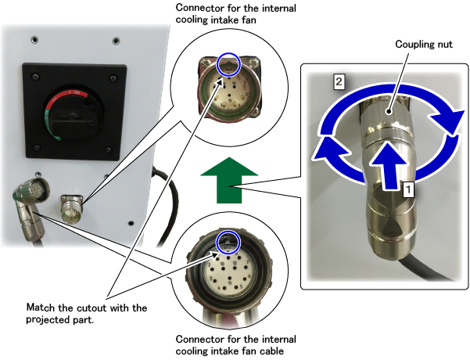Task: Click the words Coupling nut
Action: click(424, 45)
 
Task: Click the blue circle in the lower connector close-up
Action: click(227, 241)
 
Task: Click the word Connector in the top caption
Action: click(198, 9)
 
